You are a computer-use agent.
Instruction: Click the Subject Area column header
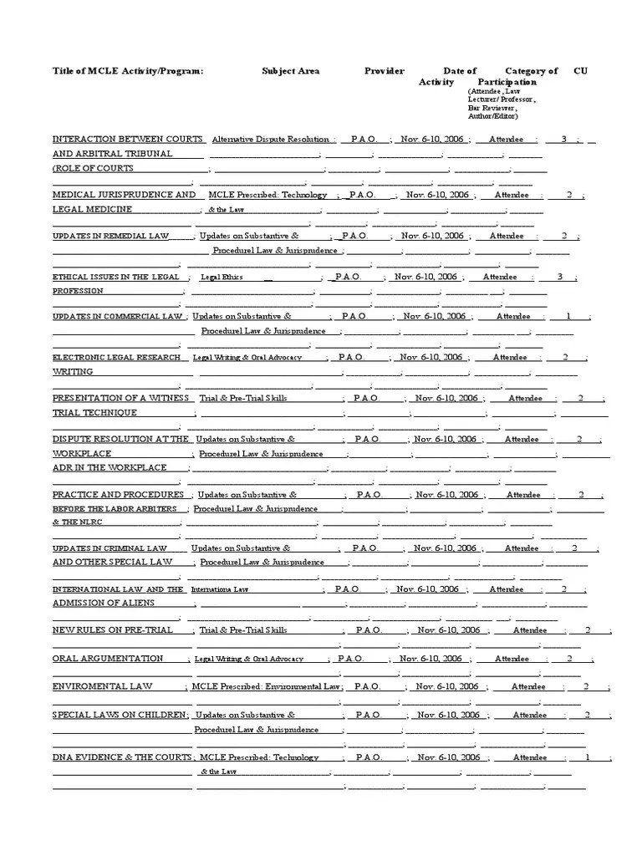click(290, 71)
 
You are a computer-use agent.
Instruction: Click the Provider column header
click(385, 71)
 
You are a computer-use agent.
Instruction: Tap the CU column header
click(580, 71)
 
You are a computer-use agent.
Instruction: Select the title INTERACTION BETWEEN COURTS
click(128, 139)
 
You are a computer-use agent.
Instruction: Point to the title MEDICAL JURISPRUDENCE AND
click(125, 194)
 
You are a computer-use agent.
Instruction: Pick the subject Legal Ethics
click(222, 277)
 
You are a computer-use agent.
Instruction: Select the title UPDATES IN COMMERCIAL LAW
click(118, 317)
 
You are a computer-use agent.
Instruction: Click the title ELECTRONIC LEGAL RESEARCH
click(116, 357)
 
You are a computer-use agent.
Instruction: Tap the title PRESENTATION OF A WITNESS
click(119, 398)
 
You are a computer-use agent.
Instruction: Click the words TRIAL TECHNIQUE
click(94, 413)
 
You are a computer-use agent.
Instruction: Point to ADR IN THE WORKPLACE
click(110, 467)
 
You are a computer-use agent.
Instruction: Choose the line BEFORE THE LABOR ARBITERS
click(115, 508)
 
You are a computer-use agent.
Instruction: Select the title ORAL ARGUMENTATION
click(108, 659)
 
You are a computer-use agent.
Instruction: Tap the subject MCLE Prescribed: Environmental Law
click(265, 686)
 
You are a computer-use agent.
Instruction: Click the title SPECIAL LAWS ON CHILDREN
click(120, 715)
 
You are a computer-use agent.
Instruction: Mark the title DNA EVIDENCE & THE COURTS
click(122, 757)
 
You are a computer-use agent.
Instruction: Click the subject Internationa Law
click(220, 589)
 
